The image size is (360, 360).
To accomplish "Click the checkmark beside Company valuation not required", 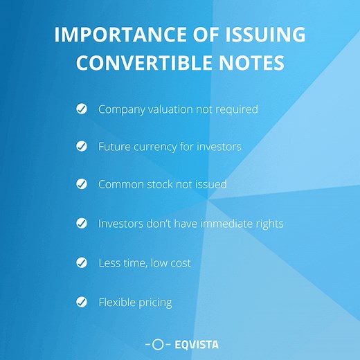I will (82, 109).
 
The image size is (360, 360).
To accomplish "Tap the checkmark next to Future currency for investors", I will (82, 147).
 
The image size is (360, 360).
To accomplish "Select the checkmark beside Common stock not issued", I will (82, 184).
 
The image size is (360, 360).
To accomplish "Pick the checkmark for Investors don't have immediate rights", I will (82, 224).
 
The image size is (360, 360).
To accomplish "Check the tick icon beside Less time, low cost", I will (82, 262).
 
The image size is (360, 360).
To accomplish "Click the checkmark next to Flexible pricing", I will (82, 302).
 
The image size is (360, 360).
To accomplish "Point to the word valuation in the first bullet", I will (167, 109).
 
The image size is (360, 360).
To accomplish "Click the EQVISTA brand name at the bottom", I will (195, 343).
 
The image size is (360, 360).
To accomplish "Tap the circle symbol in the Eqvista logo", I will (158, 343).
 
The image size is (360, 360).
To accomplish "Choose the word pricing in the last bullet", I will (156, 303).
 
